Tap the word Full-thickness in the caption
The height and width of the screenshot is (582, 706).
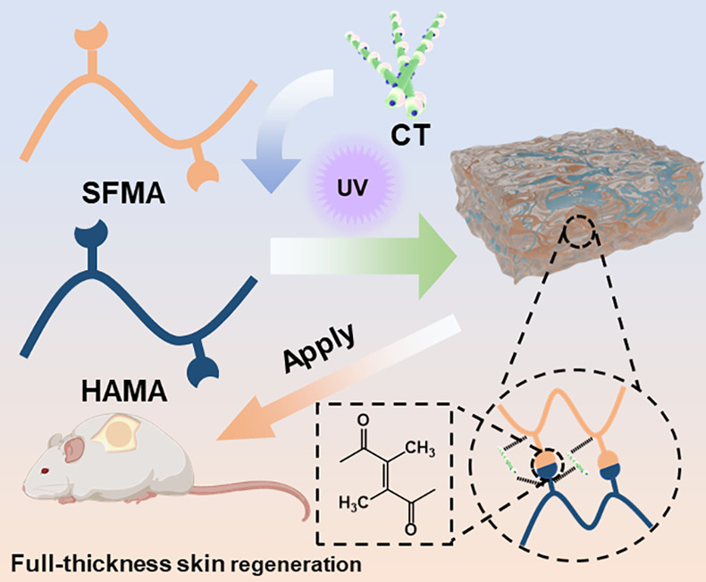point(72,565)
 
